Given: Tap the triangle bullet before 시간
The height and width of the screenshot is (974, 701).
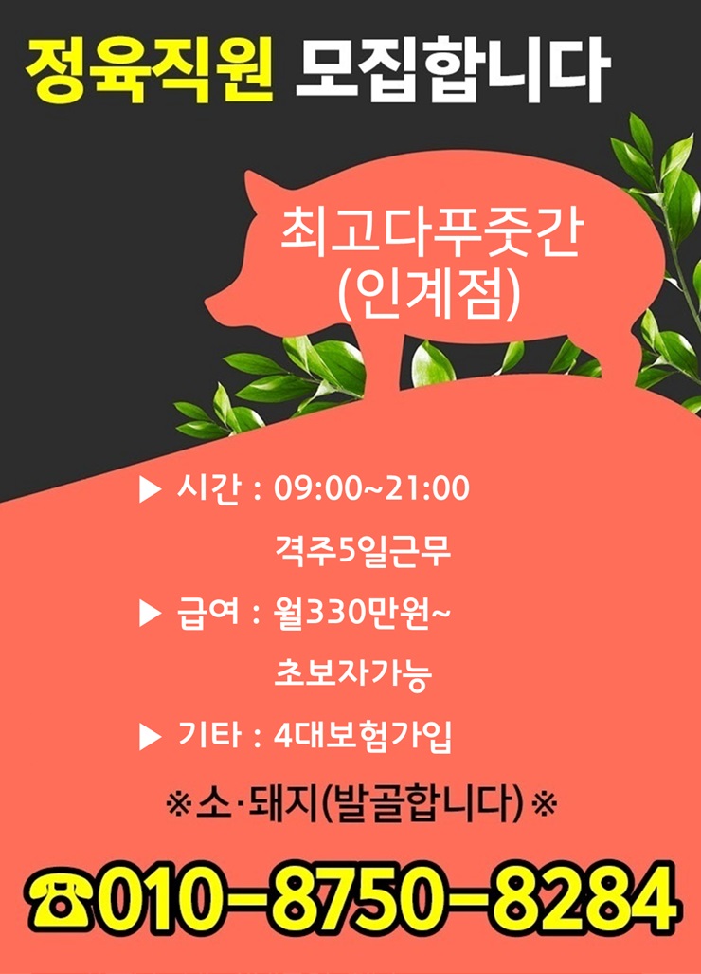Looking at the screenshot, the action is click(x=150, y=489).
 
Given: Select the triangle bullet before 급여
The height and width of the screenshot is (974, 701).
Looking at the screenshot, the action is click(x=150, y=614).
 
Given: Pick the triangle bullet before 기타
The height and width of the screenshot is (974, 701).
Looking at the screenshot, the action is click(x=150, y=737).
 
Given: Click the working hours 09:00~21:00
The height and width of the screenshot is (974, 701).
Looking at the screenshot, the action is click(x=371, y=487).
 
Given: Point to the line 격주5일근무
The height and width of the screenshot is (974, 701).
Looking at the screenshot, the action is click(x=362, y=550).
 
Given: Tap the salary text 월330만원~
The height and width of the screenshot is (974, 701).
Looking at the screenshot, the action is click(x=362, y=613).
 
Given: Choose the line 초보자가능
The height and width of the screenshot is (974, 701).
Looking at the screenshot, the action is click(x=353, y=674).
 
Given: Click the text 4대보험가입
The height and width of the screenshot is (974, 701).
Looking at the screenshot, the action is click(x=363, y=736).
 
